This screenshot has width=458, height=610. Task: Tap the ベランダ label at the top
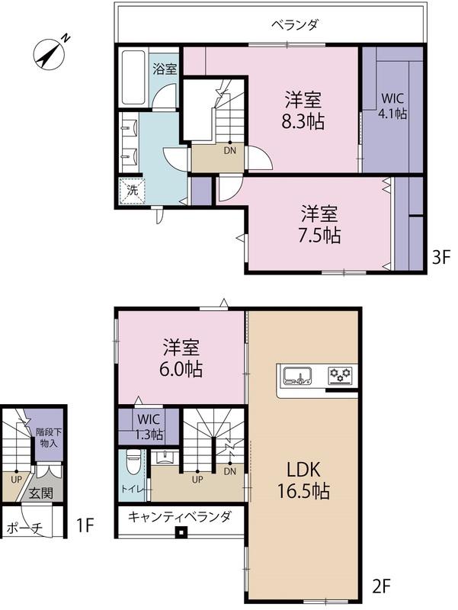click(x=294, y=25)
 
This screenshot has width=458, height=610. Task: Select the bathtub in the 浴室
click(x=134, y=78)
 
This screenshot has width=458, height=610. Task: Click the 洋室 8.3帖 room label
click(x=303, y=111)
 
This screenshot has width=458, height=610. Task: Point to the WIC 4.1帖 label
click(x=392, y=106)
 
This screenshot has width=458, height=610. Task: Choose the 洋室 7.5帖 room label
click(x=319, y=223)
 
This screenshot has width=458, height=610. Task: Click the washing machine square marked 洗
click(x=132, y=191)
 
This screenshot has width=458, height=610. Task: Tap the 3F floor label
click(x=441, y=257)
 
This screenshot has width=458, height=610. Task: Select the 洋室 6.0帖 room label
click(x=181, y=358)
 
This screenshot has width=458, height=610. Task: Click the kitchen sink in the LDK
click(x=296, y=375)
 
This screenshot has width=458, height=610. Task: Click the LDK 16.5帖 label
click(x=303, y=480)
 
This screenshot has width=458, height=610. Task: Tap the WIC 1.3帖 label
click(x=149, y=426)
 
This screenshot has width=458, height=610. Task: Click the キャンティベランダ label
click(x=179, y=517)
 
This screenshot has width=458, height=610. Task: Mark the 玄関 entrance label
click(x=41, y=493)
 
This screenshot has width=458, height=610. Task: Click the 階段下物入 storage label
click(x=49, y=437)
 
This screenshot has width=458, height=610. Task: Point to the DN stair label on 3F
click(x=230, y=150)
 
